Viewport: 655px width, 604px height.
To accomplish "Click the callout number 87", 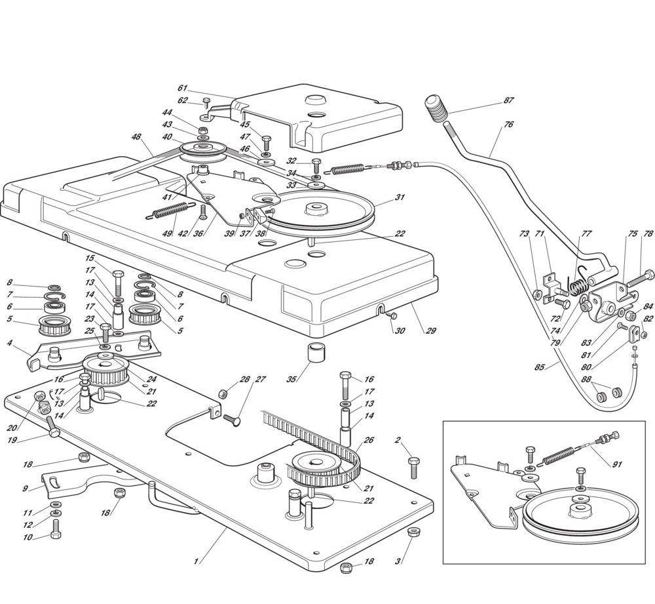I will coord(508,100).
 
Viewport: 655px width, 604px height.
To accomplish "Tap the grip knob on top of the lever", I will coord(436,106).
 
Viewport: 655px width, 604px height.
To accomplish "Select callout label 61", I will coord(182,88).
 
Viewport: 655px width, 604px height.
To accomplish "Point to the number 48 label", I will coord(136,137).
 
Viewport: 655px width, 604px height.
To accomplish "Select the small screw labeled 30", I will coord(392,315).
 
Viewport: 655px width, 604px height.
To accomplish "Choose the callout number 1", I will coord(196,561).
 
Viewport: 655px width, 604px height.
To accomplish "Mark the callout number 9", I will coord(25,488).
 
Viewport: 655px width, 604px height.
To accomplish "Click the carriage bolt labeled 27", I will coord(233,417).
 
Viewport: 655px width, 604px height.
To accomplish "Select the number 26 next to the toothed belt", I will coord(368,440).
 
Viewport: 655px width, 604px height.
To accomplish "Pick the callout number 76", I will coord(509,124).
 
